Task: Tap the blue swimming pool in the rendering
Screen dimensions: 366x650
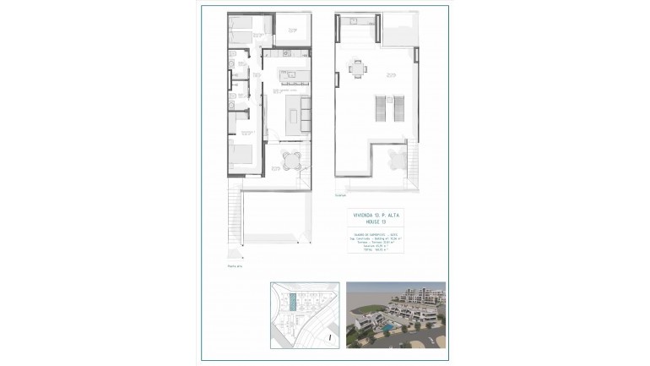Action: click(x=387, y=325)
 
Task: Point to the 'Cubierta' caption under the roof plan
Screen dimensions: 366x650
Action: click(x=340, y=194)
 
